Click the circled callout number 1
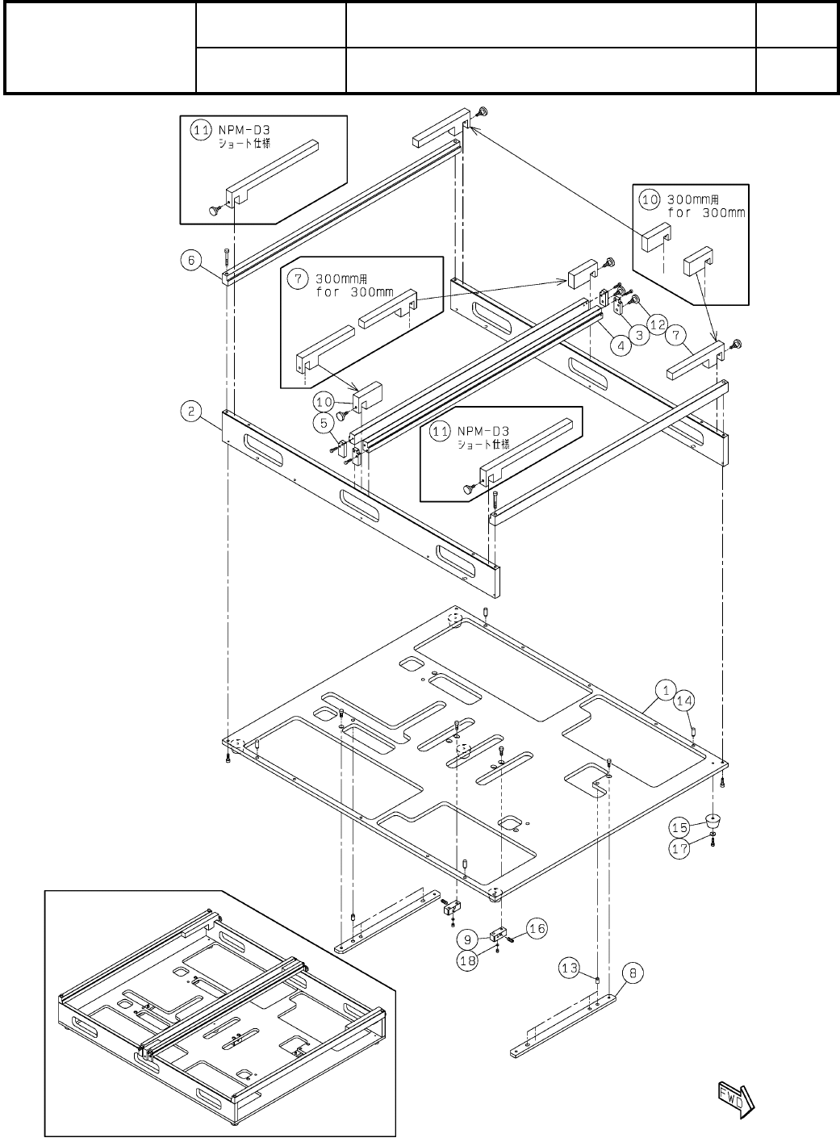click(x=666, y=690)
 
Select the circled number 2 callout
click(x=190, y=411)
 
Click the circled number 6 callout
click(x=190, y=260)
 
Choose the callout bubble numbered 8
click(x=633, y=973)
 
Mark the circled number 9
click(x=467, y=938)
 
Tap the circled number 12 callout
click(x=658, y=324)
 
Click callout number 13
click(x=571, y=968)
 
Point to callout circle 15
click(x=679, y=827)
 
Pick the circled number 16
click(x=537, y=929)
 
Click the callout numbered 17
click(x=679, y=848)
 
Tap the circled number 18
click(x=466, y=961)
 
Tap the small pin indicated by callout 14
click(x=695, y=732)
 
